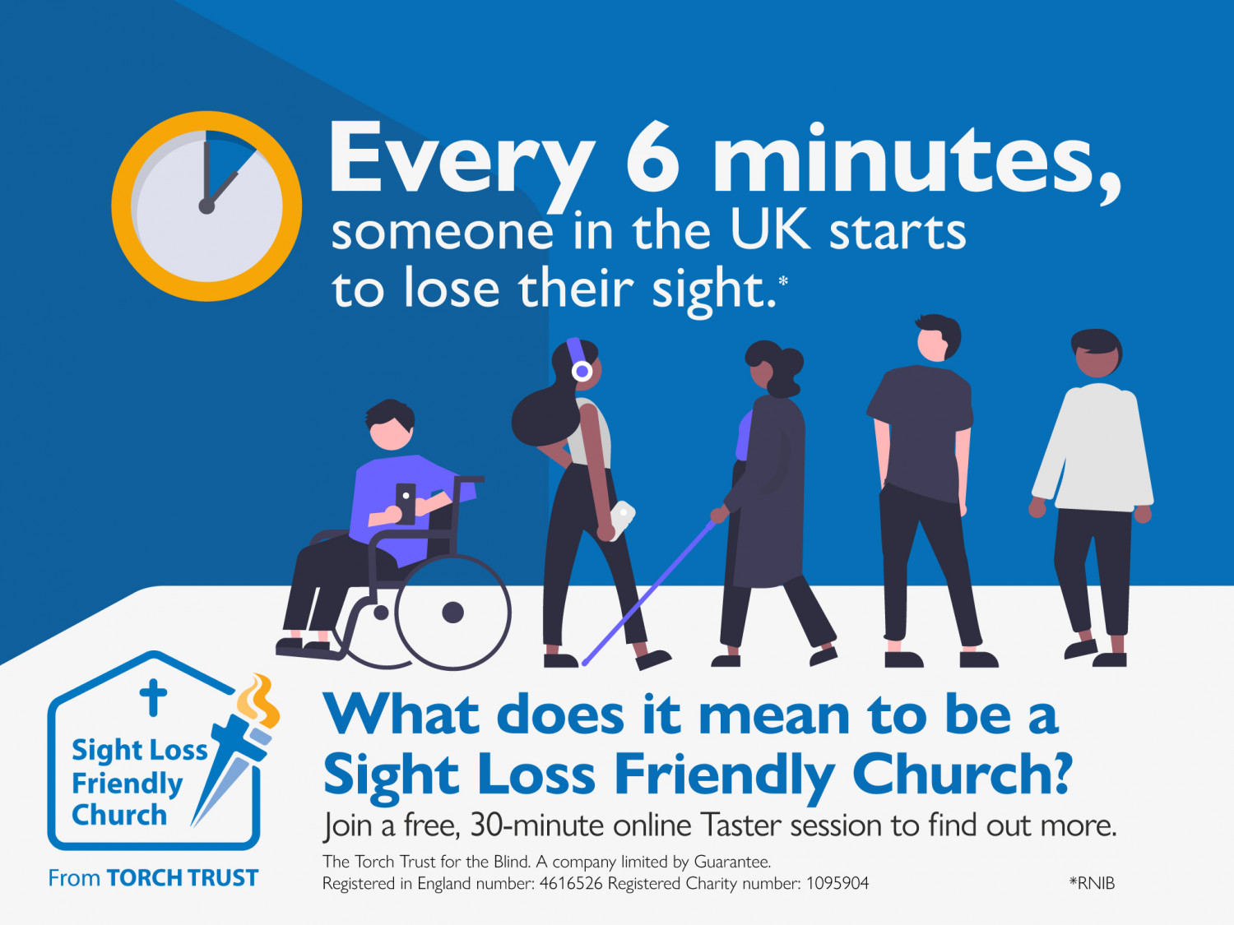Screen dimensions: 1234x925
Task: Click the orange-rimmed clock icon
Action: pyautogui.click(x=206, y=206)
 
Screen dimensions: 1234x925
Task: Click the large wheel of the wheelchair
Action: pyautogui.click(x=452, y=613)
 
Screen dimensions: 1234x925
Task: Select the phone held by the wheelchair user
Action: pyautogui.click(x=406, y=503)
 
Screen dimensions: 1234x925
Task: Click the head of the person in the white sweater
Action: pyautogui.click(x=1097, y=354)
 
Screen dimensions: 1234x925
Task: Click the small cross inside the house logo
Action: pyautogui.click(x=153, y=697)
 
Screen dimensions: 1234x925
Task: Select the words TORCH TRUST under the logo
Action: pyautogui.click(x=183, y=878)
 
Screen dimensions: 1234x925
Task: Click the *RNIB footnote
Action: pyautogui.click(x=1092, y=883)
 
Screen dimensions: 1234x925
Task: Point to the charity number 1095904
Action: pyautogui.click(x=837, y=883)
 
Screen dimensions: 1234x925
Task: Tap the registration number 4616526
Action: pyautogui.click(x=571, y=883)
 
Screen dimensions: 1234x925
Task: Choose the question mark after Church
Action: pyautogui.click(x=1057, y=774)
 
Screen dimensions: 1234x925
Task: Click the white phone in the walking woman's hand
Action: pyautogui.click(x=622, y=520)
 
